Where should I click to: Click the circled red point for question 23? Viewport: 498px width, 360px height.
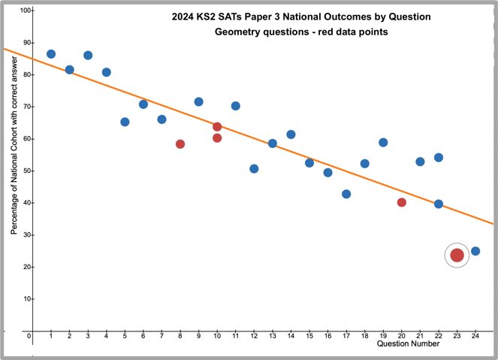coord(457,256)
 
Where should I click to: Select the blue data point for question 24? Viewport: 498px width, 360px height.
coord(475,251)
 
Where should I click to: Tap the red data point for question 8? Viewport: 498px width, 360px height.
coord(180,144)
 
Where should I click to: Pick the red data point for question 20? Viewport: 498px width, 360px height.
coord(402,202)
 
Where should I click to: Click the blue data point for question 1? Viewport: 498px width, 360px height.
coord(51,54)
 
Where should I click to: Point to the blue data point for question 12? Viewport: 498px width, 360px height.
coord(254,168)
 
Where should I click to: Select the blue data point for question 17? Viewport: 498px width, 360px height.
coord(346,194)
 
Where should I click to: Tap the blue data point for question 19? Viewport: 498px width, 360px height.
coord(383,142)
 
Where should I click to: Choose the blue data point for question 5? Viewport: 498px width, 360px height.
coord(125,122)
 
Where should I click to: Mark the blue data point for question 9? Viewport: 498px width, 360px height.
coord(198,101)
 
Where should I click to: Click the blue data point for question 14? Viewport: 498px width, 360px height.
coord(291,135)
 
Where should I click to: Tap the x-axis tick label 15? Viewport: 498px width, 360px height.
coord(309,336)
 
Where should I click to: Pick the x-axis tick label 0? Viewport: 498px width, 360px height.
coord(29,336)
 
